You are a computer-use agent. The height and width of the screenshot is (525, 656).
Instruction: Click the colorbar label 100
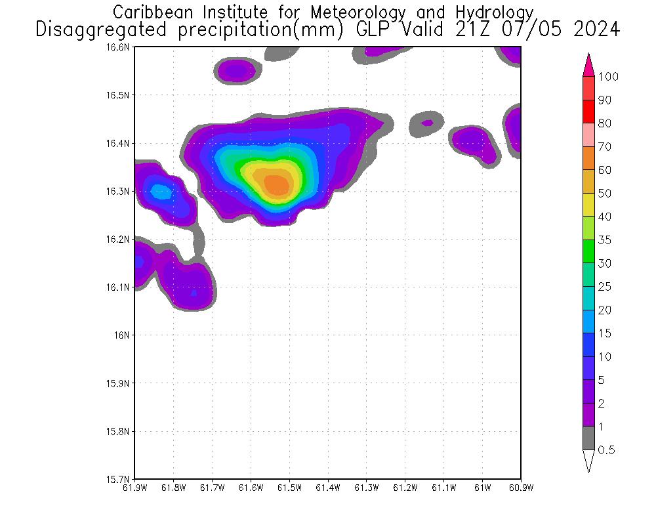pos(608,77)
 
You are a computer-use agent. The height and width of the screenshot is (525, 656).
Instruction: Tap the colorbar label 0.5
pos(607,450)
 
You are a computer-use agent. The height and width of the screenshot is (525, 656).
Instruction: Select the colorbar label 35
pos(604,240)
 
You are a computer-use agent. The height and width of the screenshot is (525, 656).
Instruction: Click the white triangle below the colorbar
pos(588,461)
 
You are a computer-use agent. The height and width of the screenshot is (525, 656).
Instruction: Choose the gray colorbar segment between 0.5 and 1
pos(588,438)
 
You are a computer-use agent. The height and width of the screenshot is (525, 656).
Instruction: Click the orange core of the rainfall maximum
pos(277,184)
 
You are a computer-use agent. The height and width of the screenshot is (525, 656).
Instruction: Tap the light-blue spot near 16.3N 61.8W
pos(159,192)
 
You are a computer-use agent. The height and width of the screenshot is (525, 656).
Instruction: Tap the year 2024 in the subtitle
pos(594,30)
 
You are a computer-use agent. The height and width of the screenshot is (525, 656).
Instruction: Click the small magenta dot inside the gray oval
pos(427,123)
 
